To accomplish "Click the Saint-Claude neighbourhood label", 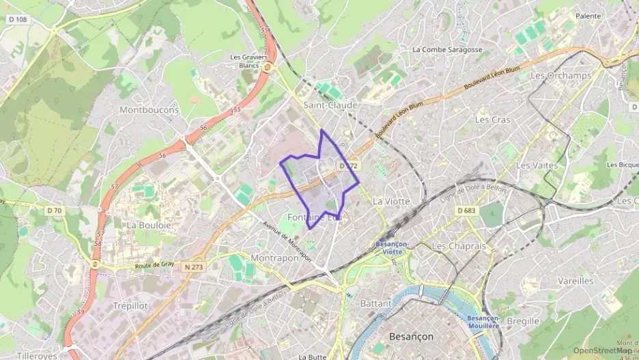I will coord(330,105).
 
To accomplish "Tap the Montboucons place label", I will coord(149,109).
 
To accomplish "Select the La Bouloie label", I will coord(147,224).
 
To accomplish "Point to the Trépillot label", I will coord(130,306).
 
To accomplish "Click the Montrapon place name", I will coord(274,258).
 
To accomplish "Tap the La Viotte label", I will coord(392,202).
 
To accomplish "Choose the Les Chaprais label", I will coord(458,246).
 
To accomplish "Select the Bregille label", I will coord(523,321).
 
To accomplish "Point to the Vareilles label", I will coord(575,281).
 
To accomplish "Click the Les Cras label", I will coord(492,120).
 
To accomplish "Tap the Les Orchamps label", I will coord(560,76).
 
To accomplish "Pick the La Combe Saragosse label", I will coord(447,50).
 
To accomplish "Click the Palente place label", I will coord(588,16).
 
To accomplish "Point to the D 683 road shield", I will coord(466,210).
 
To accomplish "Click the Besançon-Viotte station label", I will coord(392,247).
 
